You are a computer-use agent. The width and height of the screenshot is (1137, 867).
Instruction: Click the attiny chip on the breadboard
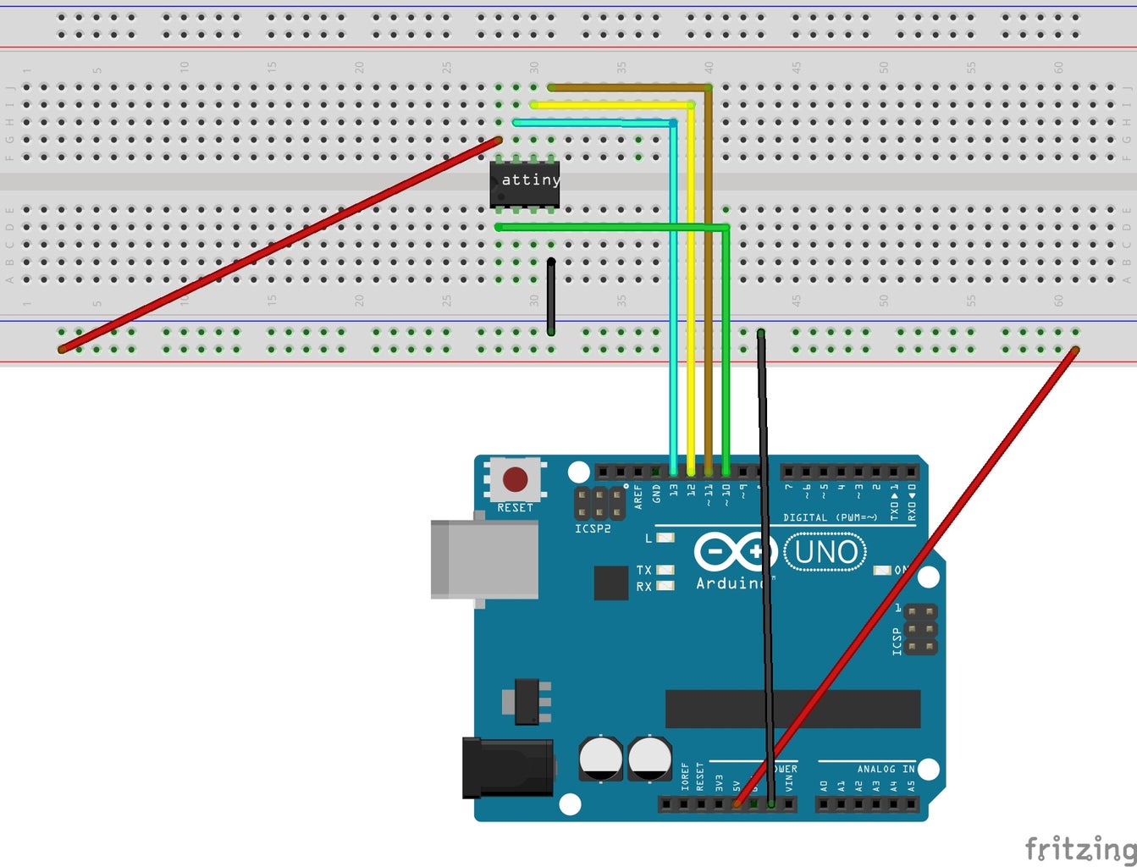(x=524, y=182)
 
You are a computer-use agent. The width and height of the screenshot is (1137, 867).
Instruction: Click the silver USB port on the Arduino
(x=484, y=560)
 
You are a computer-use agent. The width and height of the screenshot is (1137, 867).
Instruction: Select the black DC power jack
(x=506, y=768)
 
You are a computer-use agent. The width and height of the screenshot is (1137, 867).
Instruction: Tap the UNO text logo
(x=825, y=553)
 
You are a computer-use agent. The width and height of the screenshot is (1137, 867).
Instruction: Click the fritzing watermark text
(x=1079, y=848)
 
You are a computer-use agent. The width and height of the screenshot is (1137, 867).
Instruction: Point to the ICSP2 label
(x=593, y=529)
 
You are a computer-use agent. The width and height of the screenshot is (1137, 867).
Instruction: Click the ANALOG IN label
(x=886, y=769)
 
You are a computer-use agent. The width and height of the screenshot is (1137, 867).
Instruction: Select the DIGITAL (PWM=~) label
(x=830, y=517)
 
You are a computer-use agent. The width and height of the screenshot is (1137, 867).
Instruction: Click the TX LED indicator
(x=665, y=570)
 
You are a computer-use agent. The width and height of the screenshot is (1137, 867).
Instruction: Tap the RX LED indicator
(x=665, y=586)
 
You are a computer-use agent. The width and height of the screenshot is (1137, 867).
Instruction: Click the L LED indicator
(x=665, y=538)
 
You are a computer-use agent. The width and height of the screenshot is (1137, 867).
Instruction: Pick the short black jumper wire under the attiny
(x=551, y=296)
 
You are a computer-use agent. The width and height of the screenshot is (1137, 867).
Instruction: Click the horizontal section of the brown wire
(x=626, y=87)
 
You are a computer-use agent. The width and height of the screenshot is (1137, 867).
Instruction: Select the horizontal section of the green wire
(x=610, y=227)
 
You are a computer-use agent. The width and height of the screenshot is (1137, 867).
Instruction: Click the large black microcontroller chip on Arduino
(x=792, y=709)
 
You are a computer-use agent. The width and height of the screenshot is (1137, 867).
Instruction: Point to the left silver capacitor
(x=600, y=758)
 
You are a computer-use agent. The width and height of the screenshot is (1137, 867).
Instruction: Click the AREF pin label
(x=638, y=495)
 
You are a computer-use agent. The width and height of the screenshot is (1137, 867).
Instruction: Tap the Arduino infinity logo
(x=735, y=553)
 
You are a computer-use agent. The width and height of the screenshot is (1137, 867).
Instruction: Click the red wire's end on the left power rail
(x=62, y=349)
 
